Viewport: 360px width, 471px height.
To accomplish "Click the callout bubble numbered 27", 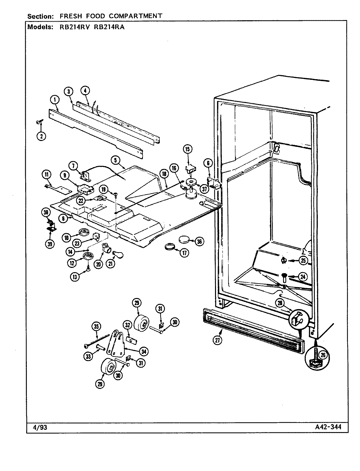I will pyautogui.click(x=217, y=340).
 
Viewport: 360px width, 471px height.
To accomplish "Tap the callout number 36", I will pyautogui.click(x=199, y=241).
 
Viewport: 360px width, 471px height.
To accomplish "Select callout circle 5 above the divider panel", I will pyautogui.click(x=115, y=160).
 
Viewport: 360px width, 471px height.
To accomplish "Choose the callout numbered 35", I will pyautogui.click(x=97, y=326).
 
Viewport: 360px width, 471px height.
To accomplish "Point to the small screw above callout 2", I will pyautogui.click(x=38, y=122).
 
